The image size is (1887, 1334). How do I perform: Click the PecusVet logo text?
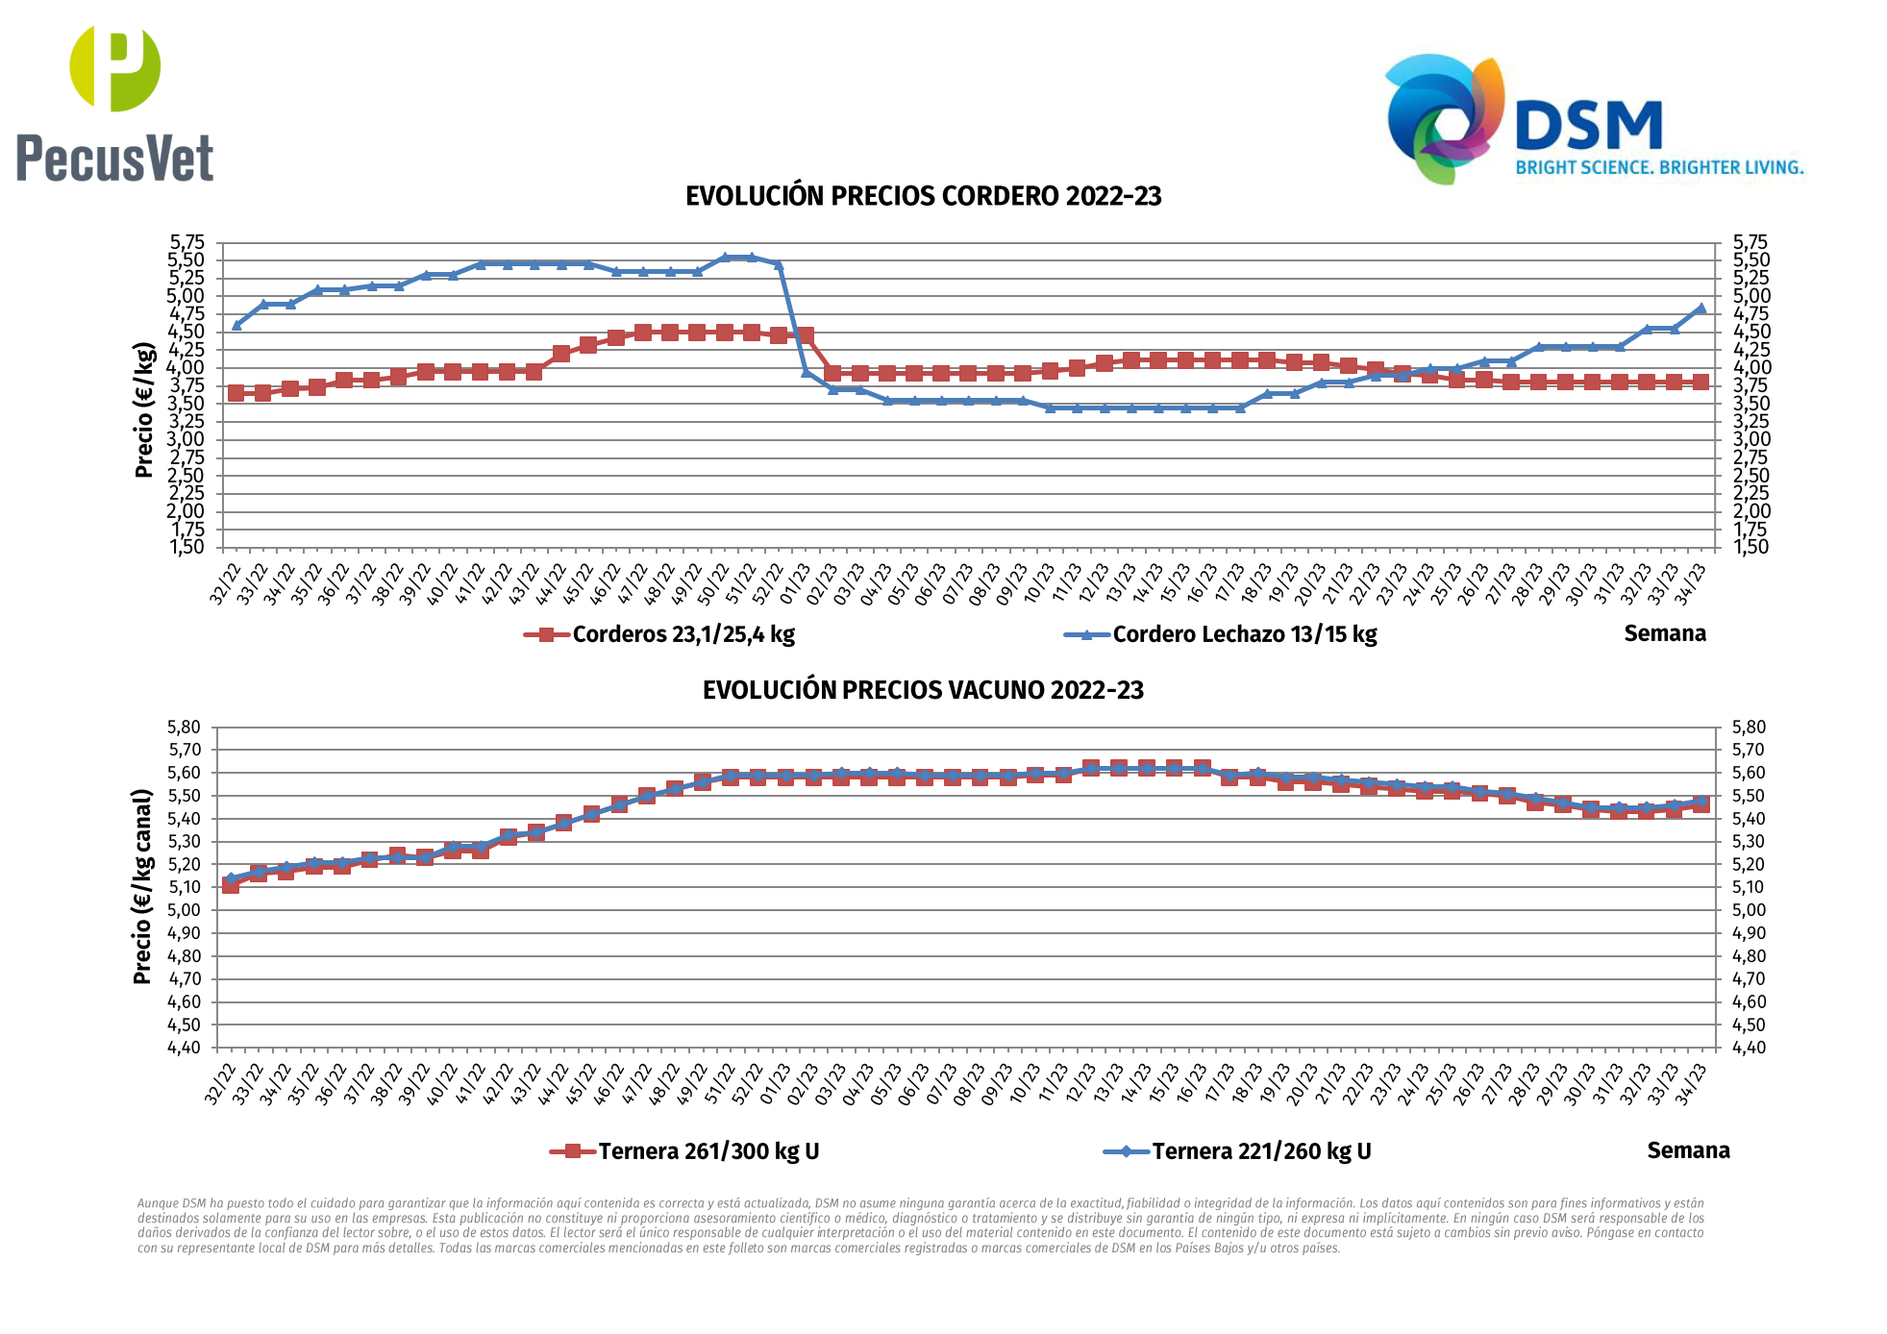click(114, 160)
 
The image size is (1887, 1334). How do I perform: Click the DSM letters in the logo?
click(1588, 127)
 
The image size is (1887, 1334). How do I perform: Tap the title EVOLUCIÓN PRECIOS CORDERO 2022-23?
click(923, 196)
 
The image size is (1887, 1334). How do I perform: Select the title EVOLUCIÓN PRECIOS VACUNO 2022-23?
click(923, 690)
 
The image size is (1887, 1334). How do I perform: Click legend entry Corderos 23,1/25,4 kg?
click(683, 634)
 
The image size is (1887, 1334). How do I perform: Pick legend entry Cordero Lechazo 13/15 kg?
click(1244, 634)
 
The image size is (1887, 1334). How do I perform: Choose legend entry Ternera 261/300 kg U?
click(708, 1151)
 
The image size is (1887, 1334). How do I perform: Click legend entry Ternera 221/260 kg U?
click(1261, 1151)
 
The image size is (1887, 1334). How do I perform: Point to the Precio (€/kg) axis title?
click(144, 409)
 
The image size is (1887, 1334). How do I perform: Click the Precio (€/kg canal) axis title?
click(142, 886)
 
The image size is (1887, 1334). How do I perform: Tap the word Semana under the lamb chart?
click(1665, 633)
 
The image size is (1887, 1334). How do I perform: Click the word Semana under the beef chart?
click(1688, 1150)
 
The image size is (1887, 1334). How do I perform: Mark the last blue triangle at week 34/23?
click(1701, 309)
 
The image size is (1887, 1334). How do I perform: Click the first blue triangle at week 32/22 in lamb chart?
click(236, 325)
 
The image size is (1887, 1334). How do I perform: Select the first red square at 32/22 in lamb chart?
click(236, 392)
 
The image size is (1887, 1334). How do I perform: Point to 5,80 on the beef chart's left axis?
click(184, 728)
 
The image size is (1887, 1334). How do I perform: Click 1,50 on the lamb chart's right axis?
click(1750, 547)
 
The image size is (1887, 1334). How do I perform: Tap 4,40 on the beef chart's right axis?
click(1750, 1048)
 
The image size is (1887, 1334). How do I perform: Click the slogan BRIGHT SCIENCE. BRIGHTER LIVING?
click(1659, 168)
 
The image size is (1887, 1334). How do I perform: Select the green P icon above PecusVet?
click(115, 68)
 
